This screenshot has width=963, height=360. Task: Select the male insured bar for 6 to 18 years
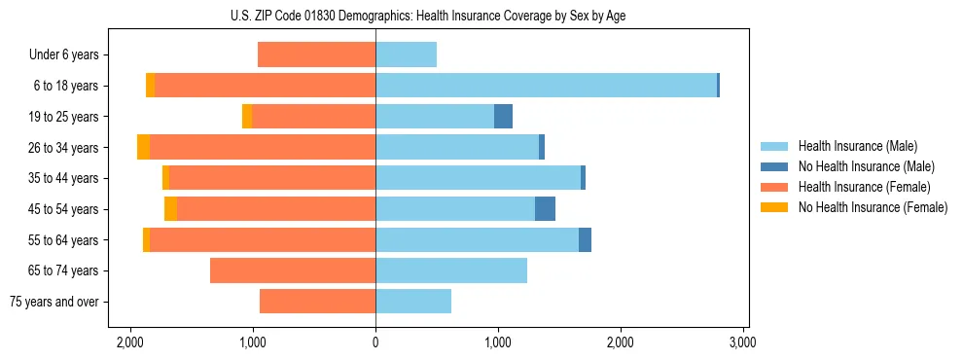point(546,86)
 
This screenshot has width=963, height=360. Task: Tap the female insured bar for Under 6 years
point(316,54)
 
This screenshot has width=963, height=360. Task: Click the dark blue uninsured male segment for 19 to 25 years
point(503,117)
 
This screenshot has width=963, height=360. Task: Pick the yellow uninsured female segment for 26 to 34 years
point(143,147)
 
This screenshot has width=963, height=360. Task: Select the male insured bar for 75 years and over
point(413,302)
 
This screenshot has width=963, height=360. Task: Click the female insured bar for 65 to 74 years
point(293,270)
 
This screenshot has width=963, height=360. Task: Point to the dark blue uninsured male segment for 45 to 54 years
point(545,209)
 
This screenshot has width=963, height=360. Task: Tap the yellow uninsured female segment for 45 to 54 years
point(170,209)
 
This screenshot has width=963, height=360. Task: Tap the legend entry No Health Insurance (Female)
point(873,207)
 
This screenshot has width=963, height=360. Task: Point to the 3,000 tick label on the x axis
point(742,342)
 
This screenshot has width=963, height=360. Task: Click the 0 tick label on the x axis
point(375,342)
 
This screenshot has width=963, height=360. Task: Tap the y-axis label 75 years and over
point(54,302)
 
